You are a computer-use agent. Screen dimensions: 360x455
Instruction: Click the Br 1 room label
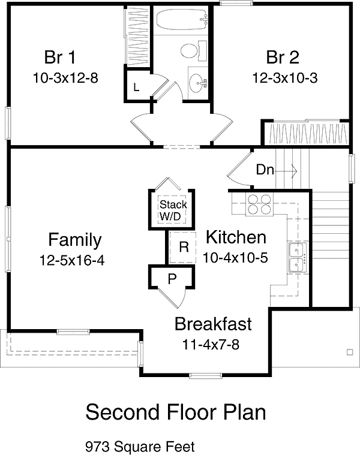(60, 57)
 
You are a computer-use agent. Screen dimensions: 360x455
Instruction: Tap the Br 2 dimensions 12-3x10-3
(285, 78)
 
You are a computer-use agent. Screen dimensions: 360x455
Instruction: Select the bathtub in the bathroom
(182, 19)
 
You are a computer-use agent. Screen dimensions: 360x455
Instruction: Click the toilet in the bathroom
(194, 51)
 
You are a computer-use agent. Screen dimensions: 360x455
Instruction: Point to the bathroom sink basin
(198, 83)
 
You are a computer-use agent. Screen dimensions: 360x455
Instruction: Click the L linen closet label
(136, 87)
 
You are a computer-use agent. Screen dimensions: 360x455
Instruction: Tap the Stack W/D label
(173, 210)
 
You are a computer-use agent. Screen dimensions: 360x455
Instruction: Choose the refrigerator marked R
(184, 247)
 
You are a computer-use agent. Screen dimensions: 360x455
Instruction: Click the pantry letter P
(172, 279)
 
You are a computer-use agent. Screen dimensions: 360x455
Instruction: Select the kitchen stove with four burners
(260, 204)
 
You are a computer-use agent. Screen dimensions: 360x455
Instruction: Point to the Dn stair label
(265, 170)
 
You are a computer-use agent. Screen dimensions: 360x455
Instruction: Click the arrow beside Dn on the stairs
(286, 171)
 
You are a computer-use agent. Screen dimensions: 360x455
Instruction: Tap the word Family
(75, 240)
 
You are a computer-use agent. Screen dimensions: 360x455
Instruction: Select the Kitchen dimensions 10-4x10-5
(235, 257)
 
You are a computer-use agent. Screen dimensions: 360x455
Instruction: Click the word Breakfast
(213, 324)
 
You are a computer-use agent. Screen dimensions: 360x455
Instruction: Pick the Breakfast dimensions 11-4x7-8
(211, 345)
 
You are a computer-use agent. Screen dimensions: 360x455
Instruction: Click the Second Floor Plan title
(176, 412)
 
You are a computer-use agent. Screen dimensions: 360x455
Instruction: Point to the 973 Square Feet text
(140, 447)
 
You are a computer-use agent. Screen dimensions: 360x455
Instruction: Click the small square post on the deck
(350, 352)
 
